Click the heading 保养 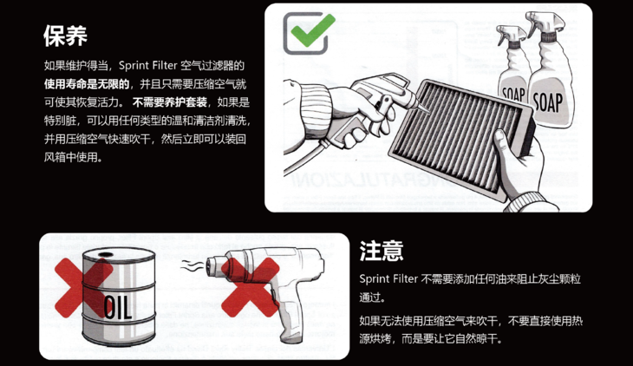[x=65, y=35]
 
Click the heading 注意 [x=382, y=250]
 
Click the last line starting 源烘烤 [x=430, y=339]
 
